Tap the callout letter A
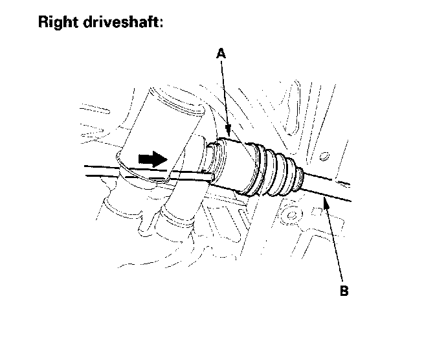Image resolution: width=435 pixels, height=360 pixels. (x=221, y=56)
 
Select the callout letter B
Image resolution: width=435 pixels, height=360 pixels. (x=344, y=291)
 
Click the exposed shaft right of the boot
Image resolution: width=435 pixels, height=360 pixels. (x=330, y=184)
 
